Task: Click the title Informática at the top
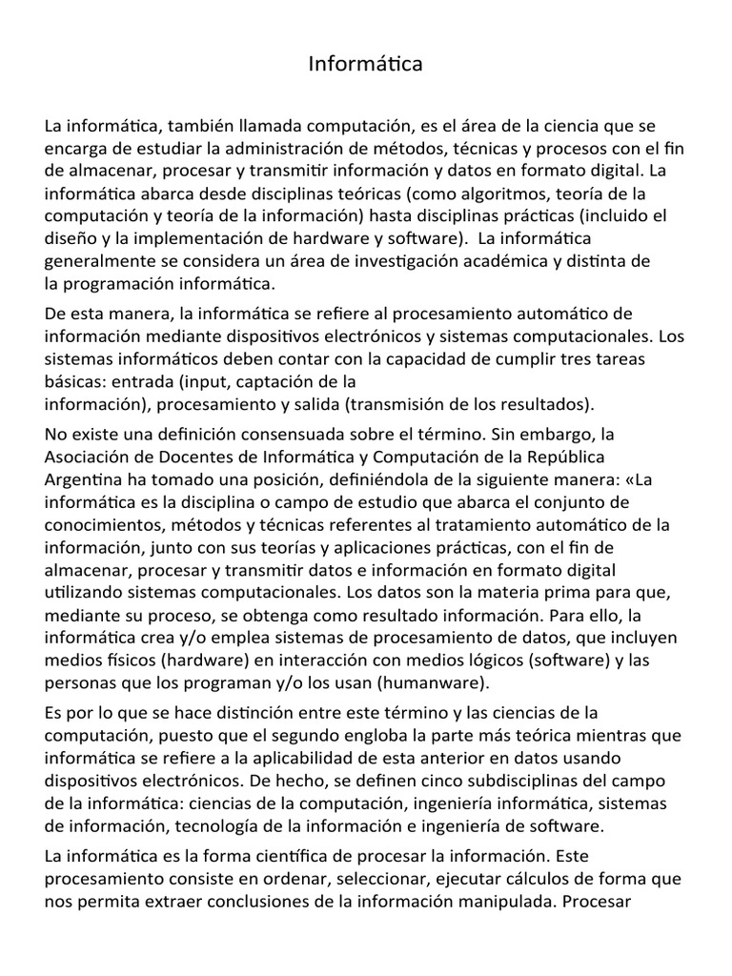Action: (365, 65)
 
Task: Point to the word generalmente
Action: (102, 260)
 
